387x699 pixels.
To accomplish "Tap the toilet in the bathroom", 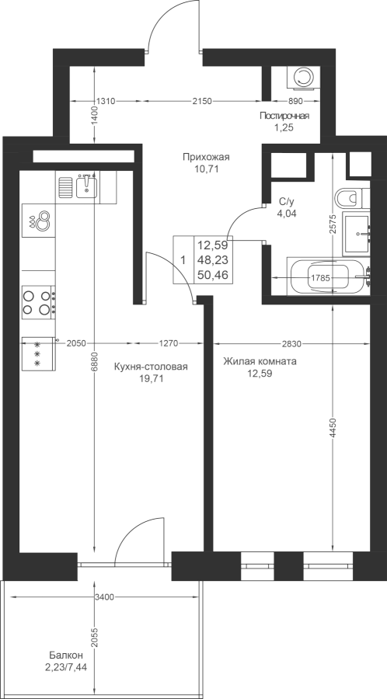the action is click(x=352, y=198).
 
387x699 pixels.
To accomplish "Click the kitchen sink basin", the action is click(x=86, y=186).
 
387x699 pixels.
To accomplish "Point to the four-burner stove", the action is click(x=39, y=302).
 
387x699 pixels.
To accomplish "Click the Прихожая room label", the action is click(x=205, y=156).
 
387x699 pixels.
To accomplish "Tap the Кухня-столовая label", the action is click(x=151, y=367).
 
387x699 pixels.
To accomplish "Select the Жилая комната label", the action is click(x=260, y=361).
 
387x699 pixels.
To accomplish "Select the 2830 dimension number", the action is click(x=292, y=343).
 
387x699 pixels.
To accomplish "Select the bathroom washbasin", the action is click(x=356, y=234).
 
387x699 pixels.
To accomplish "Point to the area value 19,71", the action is click(x=151, y=379).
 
